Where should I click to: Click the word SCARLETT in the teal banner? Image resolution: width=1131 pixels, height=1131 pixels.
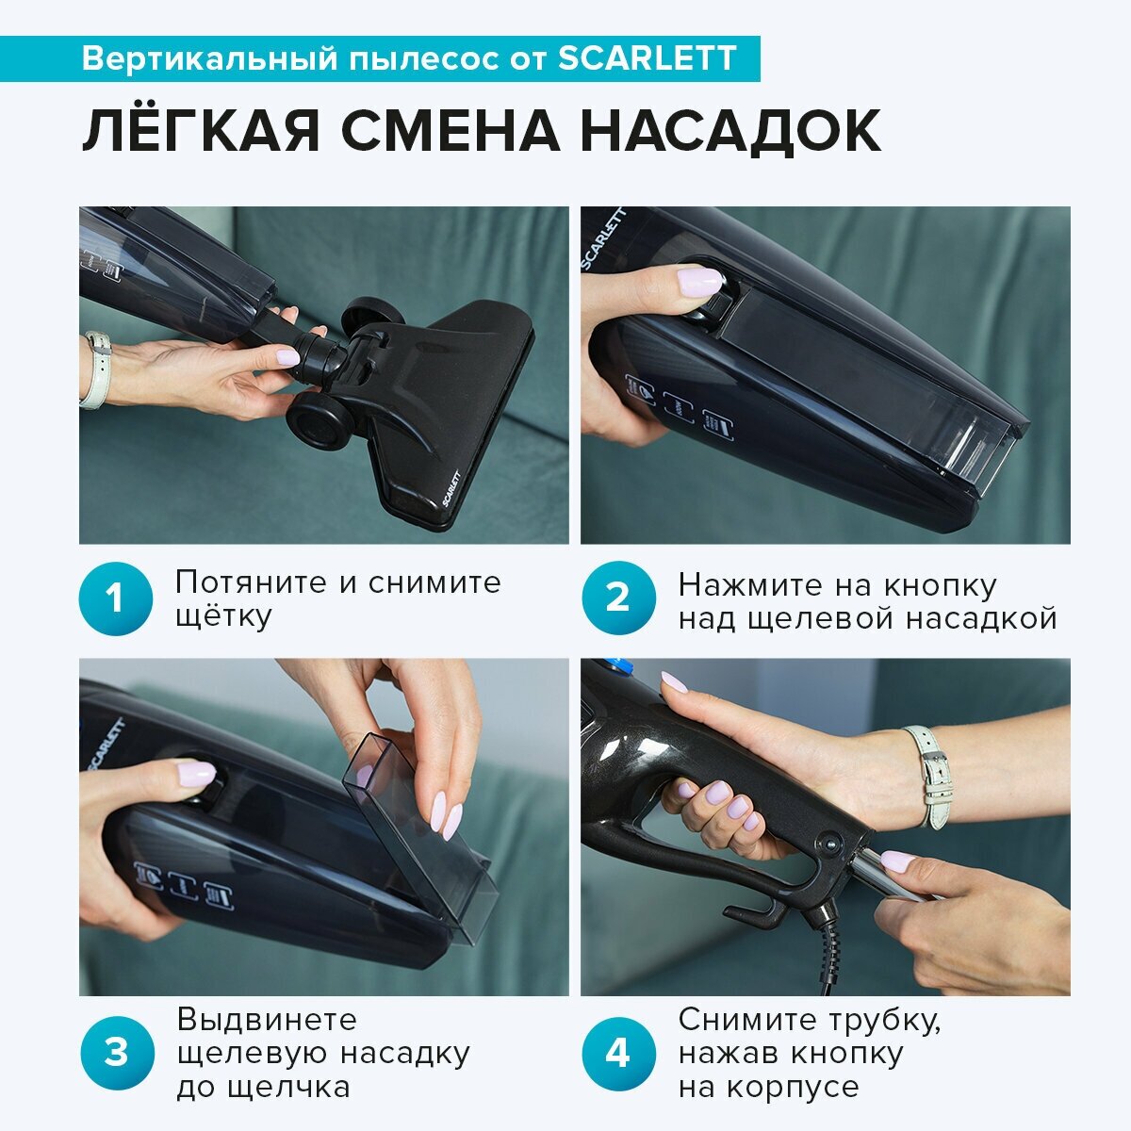click(647, 58)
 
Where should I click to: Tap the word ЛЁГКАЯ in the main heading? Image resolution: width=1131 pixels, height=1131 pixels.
click(201, 130)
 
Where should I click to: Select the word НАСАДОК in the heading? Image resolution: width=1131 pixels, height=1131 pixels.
click(730, 130)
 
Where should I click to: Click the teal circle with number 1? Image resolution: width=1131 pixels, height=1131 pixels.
click(116, 598)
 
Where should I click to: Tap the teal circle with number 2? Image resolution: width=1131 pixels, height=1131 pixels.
click(618, 598)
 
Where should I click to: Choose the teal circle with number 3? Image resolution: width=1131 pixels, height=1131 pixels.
click(116, 1053)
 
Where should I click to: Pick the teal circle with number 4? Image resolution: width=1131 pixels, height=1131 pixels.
click(618, 1053)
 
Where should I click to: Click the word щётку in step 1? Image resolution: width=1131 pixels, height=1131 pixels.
click(223, 616)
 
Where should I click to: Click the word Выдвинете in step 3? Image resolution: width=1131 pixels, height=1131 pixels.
click(267, 1021)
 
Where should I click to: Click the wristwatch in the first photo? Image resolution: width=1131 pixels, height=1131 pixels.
click(96, 369)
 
